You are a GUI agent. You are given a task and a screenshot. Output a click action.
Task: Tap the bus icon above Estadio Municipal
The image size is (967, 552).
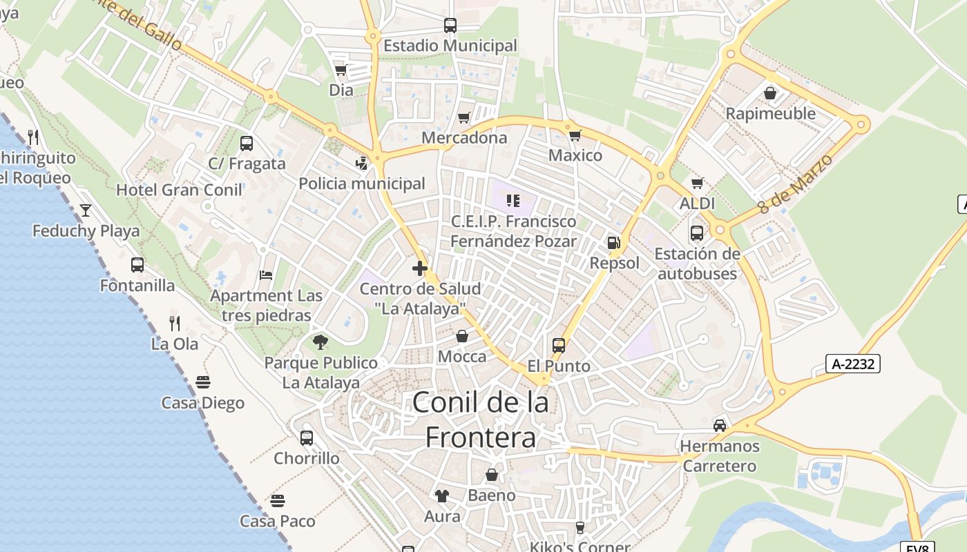[x=450, y=26]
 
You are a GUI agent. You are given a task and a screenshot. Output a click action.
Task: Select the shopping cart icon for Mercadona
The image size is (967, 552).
[x=464, y=117]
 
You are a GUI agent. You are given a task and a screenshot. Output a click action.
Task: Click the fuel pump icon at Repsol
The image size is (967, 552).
[x=613, y=243]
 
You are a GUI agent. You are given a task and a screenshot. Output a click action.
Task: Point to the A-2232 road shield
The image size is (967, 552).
[x=853, y=364]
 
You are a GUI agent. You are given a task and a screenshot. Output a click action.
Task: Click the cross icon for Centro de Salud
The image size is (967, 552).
[x=419, y=268]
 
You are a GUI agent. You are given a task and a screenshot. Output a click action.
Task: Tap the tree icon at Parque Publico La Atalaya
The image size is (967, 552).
[x=320, y=342]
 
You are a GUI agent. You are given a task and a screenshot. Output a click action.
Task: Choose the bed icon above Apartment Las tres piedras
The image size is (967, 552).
[x=266, y=275]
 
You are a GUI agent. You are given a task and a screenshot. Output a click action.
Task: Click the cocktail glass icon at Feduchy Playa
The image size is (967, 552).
[x=86, y=210]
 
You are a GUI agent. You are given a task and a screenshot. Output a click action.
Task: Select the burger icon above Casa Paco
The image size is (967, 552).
[x=278, y=500]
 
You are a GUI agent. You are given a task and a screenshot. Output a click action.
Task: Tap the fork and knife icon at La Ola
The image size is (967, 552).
[x=175, y=322]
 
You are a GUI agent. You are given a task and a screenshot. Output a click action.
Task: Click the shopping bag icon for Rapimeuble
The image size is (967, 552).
[x=770, y=92]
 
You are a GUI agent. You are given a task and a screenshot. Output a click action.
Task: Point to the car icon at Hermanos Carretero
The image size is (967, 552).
[x=720, y=425]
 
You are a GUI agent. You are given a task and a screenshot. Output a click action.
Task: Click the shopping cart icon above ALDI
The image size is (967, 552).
[x=698, y=183]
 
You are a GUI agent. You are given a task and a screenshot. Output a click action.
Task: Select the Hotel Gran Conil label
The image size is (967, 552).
[x=179, y=190]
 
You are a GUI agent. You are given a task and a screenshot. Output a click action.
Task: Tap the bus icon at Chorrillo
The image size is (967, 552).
[x=307, y=437]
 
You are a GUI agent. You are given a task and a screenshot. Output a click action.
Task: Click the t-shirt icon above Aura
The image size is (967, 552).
[x=442, y=495]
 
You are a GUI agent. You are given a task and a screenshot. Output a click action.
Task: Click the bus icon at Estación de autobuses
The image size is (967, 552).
[x=697, y=233]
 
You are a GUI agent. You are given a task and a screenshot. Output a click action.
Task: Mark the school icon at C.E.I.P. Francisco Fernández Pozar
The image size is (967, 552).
[x=513, y=201]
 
